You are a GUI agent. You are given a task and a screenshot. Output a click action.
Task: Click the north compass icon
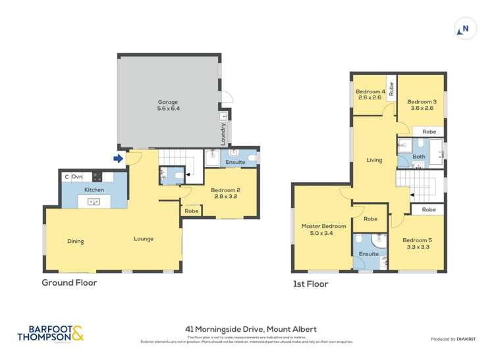pyautogui.click(x=465, y=29)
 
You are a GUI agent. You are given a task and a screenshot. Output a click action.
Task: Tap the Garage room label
pyautogui.click(x=168, y=105)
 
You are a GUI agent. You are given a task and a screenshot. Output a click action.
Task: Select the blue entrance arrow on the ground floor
pyautogui.click(x=118, y=159)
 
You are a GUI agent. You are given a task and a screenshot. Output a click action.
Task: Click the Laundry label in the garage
pyautogui.click(x=224, y=134)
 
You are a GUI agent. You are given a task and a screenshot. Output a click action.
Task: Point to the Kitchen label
pyautogui.click(x=94, y=190)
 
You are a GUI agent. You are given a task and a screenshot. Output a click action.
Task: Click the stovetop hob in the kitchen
pyautogui.click(x=97, y=176)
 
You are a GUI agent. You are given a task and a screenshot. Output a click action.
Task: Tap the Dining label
pyautogui.click(x=76, y=241)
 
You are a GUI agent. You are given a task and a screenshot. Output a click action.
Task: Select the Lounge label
pyautogui.click(x=143, y=239)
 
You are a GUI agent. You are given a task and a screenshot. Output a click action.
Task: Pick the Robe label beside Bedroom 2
pyautogui.click(x=192, y=211)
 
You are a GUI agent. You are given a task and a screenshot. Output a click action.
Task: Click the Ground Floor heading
pyautogui.click(x=69, y=283)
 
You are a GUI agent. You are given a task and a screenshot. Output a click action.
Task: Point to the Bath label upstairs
pyautogui.click(x=419, y=157)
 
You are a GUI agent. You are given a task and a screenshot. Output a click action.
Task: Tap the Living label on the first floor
pyautogui.click(x=374, y=160)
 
